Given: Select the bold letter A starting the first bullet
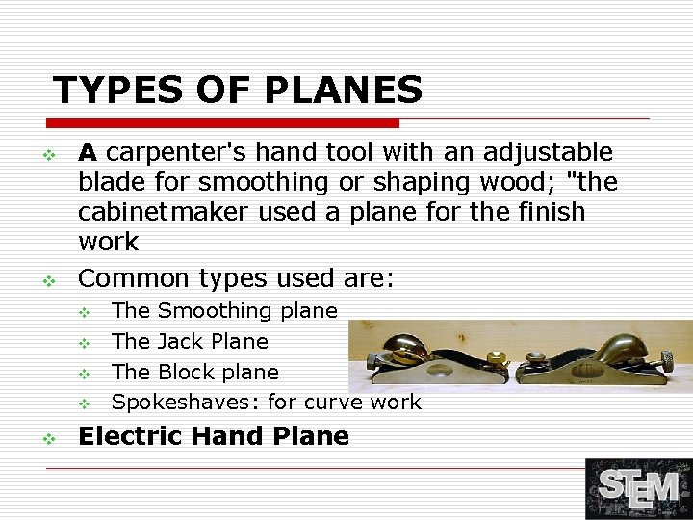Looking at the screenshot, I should pyautogui.click(x=88, y=152).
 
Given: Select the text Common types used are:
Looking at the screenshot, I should pyautogui.click(x=236, y=278).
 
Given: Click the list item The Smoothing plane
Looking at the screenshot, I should pyautogui.click(x=224, y=310).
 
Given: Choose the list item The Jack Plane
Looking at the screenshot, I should pyautogui.click(x=190, y=341).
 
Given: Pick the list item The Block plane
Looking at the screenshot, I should pyautogui.click(x=194, y=372).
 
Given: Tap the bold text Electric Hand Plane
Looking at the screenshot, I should pyautogui.click(x=213, y=436).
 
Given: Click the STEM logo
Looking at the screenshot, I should pyautogui.click(x=638, y=488).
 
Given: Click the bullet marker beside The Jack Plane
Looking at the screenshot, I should pyautogui.click(x=84, y=342).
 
